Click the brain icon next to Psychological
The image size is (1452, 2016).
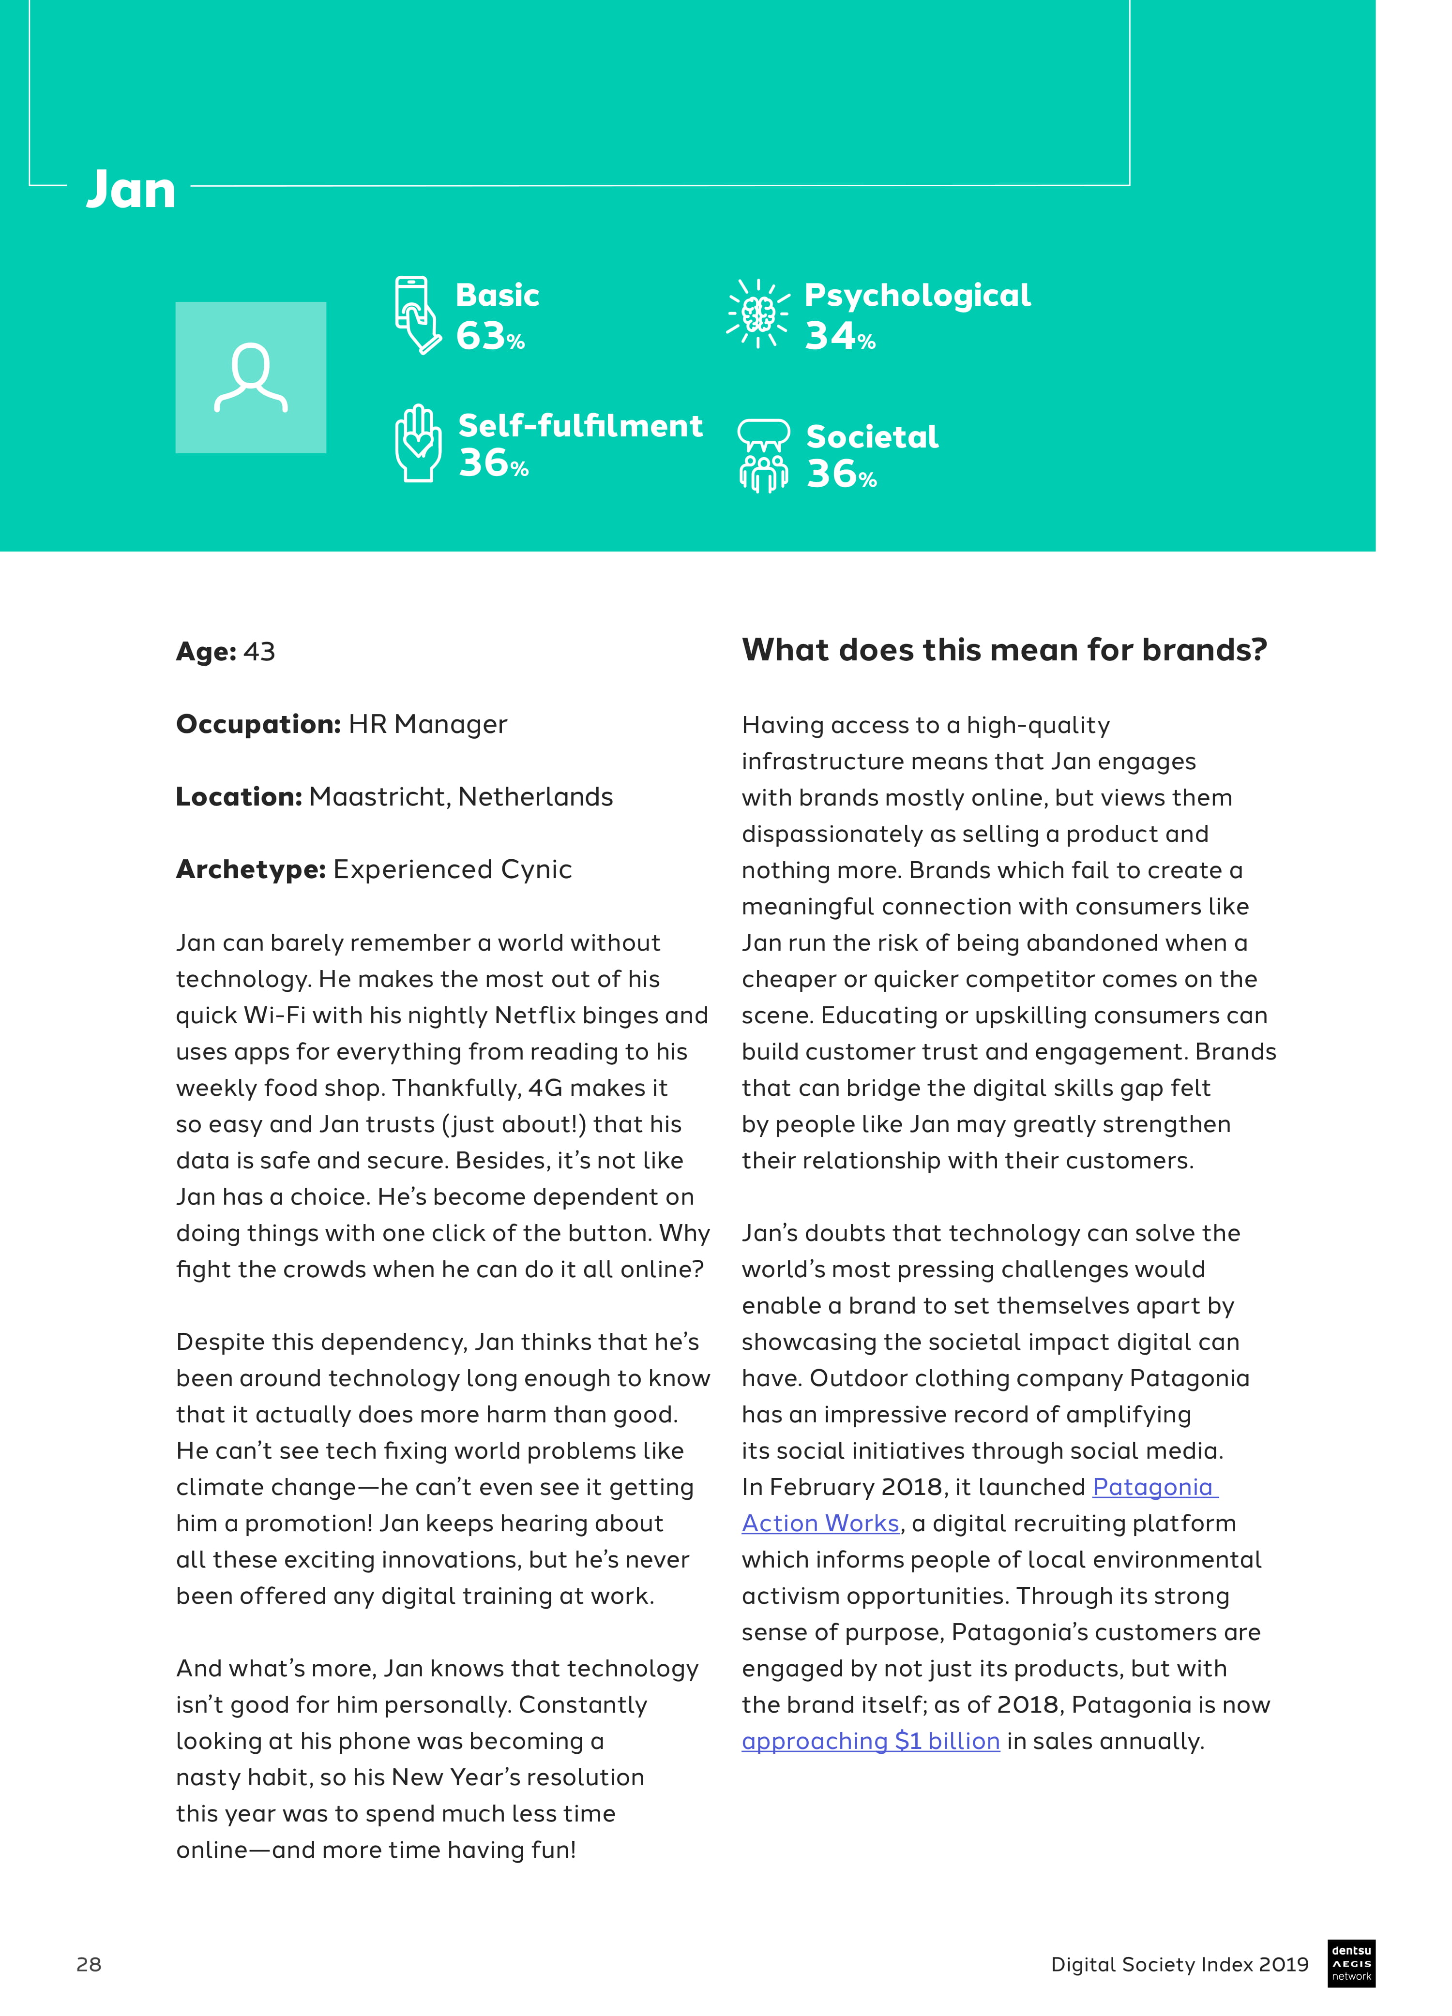click(x=757, y=313)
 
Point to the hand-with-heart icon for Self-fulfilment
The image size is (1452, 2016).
click(x=418, y=444)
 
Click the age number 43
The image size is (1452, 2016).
click(x=259, y=652)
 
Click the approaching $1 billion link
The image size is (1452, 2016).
click(x=871, y=1741)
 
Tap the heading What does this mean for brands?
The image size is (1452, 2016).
click(x=1004, y=650)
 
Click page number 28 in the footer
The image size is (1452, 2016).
click(x=89, y=1964)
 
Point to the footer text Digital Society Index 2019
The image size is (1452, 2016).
click(x=1179, y=1964)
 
